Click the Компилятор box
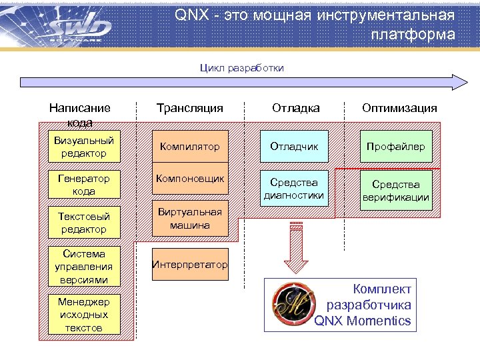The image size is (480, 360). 191,146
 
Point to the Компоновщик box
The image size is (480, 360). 191,179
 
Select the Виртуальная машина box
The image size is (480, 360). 191,219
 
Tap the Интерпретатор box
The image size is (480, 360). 191,265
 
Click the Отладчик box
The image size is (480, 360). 295,146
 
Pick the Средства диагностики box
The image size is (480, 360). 295,189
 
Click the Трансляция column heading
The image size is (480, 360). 190,108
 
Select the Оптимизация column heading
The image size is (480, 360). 399,108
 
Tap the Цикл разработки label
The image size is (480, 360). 242,67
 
